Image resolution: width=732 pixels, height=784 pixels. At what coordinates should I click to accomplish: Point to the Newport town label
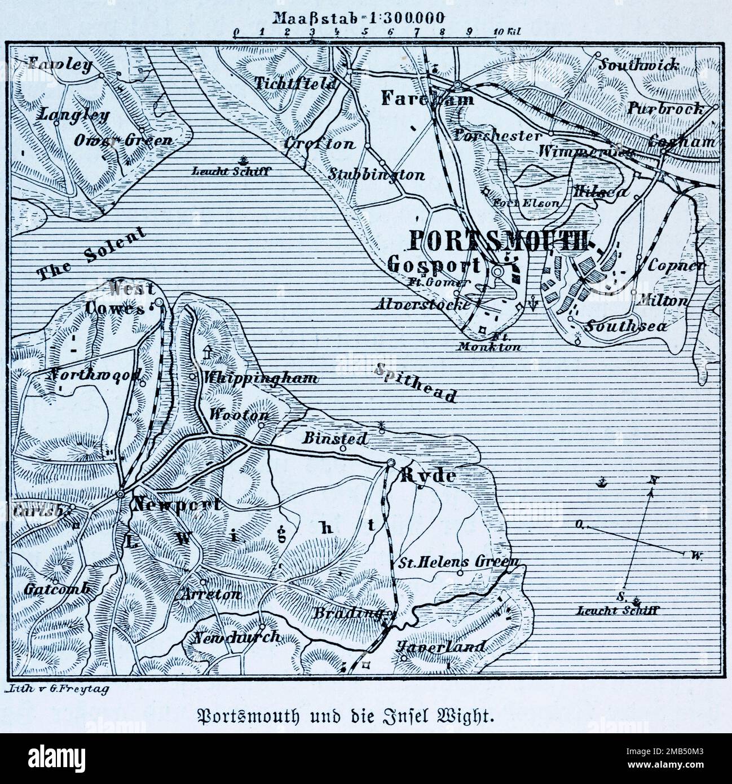176,504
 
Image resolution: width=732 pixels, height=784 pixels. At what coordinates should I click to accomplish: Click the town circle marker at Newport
120,494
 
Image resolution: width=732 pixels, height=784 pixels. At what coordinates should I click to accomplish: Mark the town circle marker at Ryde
390,464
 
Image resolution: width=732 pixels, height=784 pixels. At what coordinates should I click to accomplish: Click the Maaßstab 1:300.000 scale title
365,17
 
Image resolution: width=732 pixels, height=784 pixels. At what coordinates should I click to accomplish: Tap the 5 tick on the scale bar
365,32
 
